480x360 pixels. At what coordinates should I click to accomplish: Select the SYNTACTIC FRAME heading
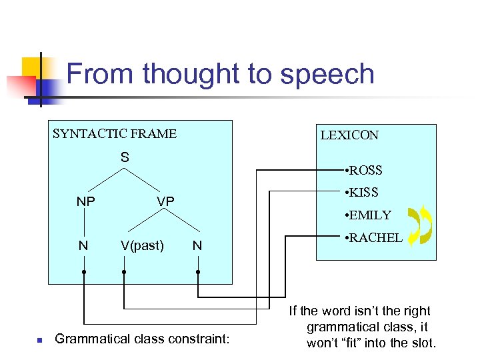115,133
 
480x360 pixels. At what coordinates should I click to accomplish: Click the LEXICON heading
349,135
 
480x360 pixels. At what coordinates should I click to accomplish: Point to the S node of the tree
125,158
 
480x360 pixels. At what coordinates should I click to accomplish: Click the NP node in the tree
85,201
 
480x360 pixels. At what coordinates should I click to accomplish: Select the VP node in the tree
165,201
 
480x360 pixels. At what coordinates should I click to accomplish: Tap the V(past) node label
142,245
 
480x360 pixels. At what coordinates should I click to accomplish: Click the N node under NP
83,245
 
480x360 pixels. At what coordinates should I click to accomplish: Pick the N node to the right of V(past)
197,245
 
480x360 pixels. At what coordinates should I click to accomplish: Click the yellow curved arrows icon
420,225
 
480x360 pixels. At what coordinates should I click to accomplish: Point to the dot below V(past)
124,272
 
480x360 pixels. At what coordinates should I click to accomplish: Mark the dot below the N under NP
84,272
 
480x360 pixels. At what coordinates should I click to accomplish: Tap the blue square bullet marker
39,341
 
